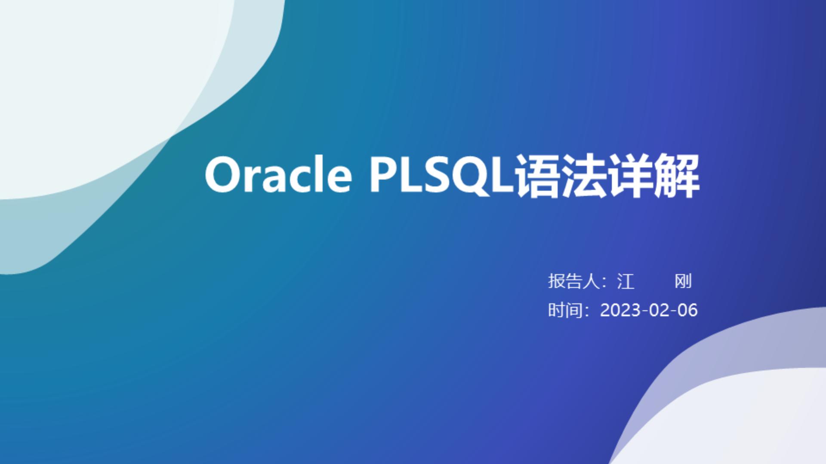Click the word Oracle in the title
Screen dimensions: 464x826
point(278,175)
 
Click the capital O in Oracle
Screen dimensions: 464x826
point(222,175)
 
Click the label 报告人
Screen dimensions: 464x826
point(573,281)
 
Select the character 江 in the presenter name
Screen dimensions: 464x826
point(626,281)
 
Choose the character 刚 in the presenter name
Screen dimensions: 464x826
point(683,281)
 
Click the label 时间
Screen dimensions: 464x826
point(565,310)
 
